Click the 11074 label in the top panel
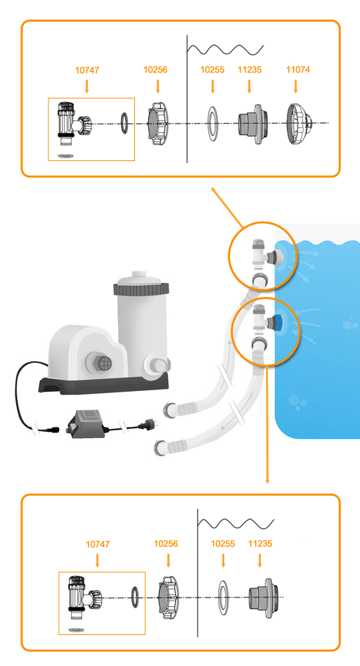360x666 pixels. click(298, 70)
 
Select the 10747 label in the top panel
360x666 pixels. click(87, 70)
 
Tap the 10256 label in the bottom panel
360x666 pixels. click(166, 544)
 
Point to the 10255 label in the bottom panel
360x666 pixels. click(223, 544)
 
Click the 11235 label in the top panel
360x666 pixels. click(250, 70)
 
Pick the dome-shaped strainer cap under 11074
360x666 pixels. click(300, 124)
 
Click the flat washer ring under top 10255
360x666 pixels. click(212, 124)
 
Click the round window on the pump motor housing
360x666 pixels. click(100, 363)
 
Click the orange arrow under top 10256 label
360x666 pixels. click(158, 86)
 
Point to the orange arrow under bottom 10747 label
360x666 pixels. click(98, 560)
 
